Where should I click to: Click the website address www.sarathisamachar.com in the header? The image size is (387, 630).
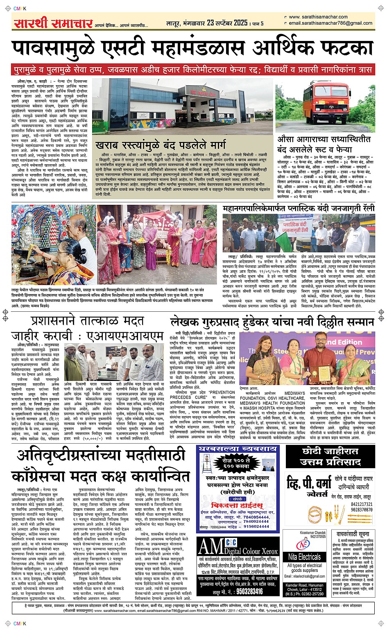click(x=318, y=17)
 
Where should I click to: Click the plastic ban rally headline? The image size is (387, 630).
click(x=299, y=208)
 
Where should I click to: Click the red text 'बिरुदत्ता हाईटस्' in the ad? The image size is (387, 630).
click(x=233, y=505)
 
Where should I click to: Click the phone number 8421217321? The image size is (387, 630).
click(x=362, y=504)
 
